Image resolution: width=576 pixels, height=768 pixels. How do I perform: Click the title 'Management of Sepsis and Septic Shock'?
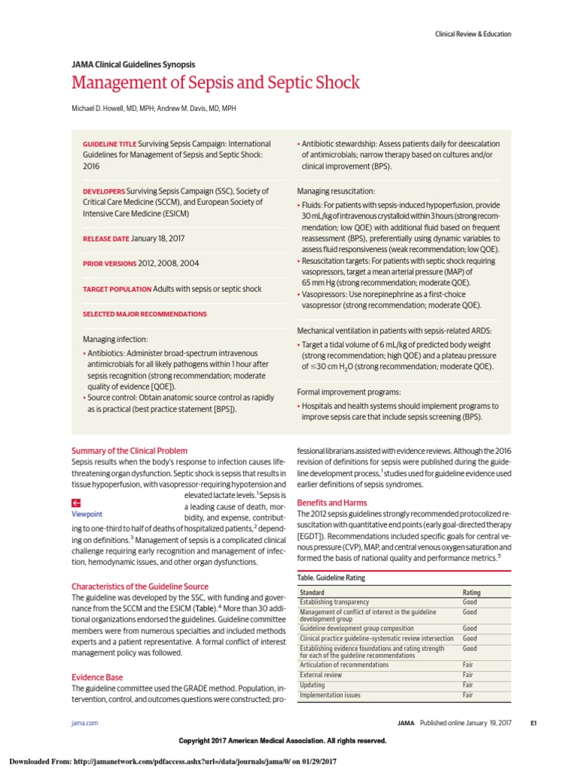(215, 82)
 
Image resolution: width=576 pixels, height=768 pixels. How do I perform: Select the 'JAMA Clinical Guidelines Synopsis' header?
(133, 64)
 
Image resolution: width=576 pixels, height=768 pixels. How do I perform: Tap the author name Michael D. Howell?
(112, 108)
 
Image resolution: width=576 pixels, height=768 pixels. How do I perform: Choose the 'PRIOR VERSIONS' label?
(109, 263)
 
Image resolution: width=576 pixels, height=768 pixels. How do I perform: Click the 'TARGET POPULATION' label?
(116, 289)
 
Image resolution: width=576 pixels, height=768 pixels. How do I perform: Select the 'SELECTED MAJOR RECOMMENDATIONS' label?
(144, 314)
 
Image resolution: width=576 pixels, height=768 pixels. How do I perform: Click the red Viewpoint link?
(87, 514)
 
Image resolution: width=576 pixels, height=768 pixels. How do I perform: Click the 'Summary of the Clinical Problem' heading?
(129, 451)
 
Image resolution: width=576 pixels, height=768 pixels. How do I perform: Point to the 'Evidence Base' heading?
(97, 677)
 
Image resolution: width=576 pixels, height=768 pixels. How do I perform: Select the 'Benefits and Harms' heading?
(331, 502)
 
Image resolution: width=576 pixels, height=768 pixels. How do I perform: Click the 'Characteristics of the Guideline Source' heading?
(139, 586)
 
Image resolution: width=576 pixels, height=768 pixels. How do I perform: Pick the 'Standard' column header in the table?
(313, 592)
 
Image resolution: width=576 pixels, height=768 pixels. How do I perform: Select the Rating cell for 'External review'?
(467, 674)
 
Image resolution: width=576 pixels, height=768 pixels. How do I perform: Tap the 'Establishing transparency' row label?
(334, 602)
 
